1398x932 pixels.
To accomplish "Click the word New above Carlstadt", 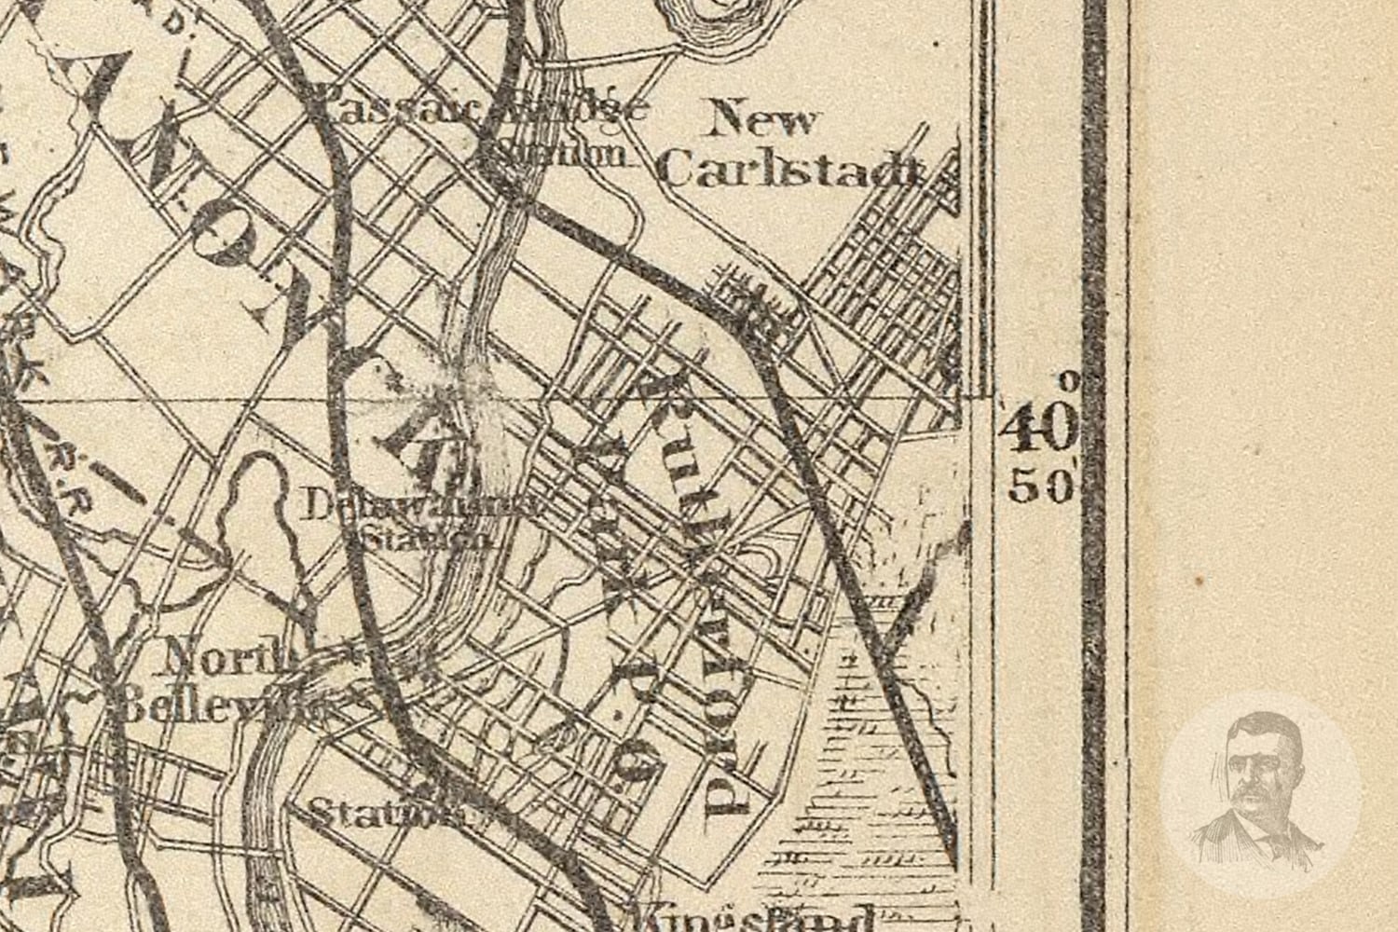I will pos(762,121).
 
